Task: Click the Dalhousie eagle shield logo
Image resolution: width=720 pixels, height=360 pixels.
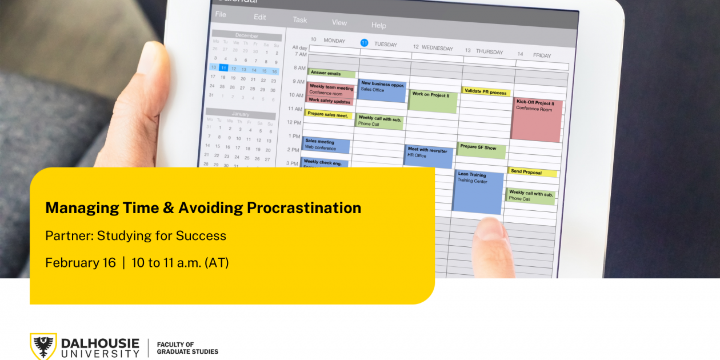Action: (43, 346)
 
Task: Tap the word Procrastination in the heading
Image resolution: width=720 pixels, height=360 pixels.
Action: (304, 208)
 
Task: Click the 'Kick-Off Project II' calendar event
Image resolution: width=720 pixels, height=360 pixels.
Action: (536, 119)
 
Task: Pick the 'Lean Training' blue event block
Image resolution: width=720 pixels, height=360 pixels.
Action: (479, 191)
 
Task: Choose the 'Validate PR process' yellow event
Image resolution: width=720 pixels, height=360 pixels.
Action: (486, 91)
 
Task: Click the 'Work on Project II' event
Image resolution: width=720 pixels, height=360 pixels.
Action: (433, 101)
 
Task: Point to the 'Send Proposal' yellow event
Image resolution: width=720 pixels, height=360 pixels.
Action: (531, 172)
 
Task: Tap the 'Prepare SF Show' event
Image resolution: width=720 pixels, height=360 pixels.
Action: (481, 150)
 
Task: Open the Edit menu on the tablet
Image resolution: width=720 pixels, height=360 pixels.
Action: (260, 17)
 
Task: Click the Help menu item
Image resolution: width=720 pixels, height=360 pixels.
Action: (378, 25)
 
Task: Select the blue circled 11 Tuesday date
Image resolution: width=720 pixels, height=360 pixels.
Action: (364, 43)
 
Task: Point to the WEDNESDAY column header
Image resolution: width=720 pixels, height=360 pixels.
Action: (437, 48)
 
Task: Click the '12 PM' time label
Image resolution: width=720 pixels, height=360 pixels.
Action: (294, 122)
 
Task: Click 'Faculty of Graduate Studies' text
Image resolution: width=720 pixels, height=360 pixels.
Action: (187, 348)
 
